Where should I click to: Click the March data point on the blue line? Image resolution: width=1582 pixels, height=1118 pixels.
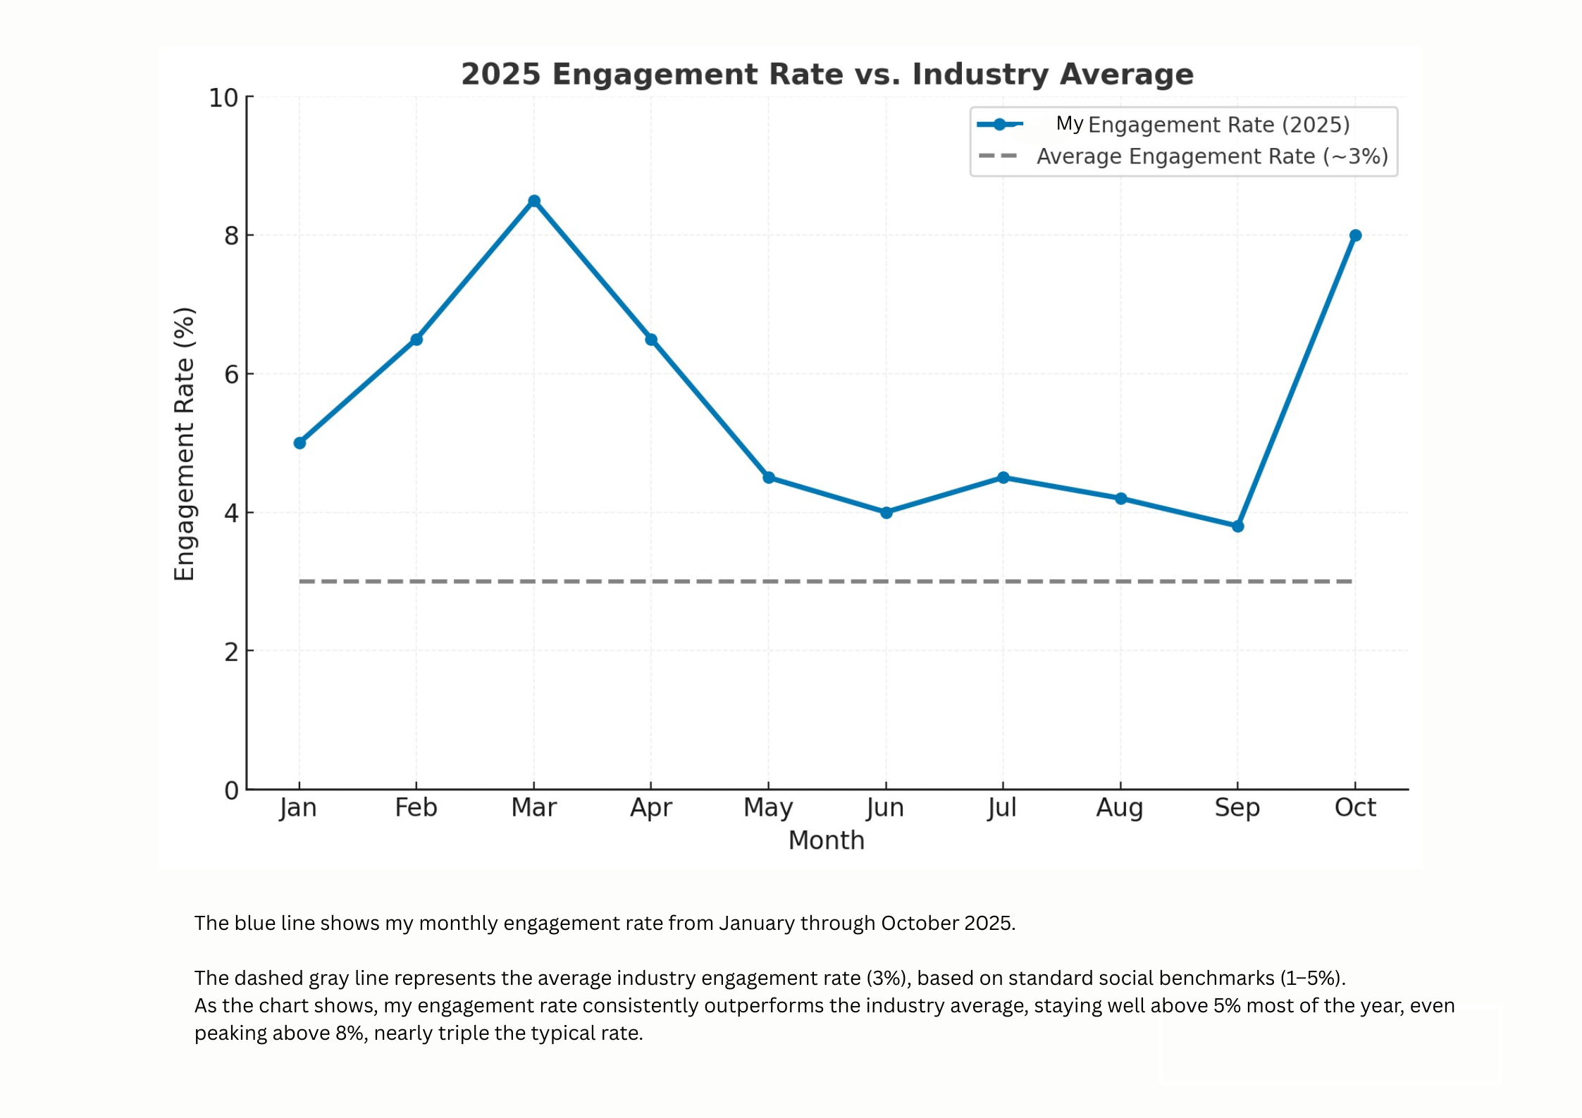(533, 201)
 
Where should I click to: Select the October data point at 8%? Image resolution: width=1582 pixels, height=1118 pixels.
(1354, 235)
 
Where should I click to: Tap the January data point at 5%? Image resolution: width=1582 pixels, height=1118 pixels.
(299, 443)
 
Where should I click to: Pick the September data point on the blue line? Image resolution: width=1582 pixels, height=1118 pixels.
(1237, 526)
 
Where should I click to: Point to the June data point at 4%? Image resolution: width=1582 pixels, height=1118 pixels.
(886, 513)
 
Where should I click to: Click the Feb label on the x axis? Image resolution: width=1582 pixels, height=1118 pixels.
(416, 807)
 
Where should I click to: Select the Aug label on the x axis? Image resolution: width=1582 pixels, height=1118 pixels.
(1119, 807)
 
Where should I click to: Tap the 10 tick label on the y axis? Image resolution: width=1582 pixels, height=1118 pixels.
(223, 99)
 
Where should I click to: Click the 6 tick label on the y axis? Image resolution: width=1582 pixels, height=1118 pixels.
(232, 375)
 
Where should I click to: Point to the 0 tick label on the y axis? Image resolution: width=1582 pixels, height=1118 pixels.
(232, 790)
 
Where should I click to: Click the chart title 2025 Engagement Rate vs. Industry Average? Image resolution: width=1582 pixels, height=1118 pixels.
(827, 74)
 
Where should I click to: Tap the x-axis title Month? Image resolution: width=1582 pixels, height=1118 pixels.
(826, 840)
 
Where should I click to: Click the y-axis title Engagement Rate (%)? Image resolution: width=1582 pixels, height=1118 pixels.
(184, 444)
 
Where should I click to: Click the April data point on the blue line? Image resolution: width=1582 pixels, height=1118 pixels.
(650, 340)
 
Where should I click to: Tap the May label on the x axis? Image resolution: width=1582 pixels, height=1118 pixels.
(767, 807)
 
